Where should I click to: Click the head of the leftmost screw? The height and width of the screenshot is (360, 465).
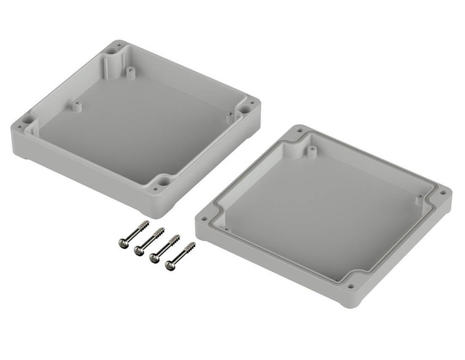pos(123,240)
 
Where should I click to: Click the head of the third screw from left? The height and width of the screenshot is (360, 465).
pos(155,257)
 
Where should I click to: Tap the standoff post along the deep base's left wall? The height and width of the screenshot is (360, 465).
pos(76,107)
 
